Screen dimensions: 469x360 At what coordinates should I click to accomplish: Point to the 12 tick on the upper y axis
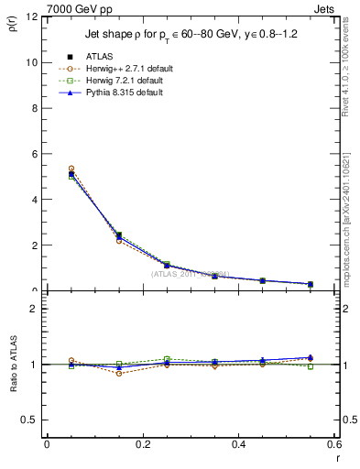coord(32,17)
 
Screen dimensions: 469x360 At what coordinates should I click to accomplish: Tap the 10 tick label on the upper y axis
coord(32,63)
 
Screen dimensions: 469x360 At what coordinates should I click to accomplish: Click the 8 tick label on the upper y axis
coord(35,109)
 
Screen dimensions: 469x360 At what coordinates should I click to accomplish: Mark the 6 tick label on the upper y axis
coord(35,155)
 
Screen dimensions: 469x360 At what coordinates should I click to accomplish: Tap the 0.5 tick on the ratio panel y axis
coord(31,420)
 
